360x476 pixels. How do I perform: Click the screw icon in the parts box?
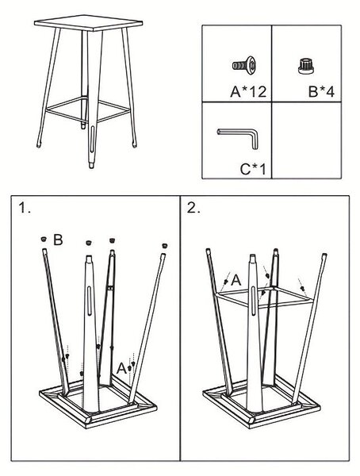244,65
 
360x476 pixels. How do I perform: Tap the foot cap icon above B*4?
305,66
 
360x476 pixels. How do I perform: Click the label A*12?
248,91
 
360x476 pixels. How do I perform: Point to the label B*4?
321,91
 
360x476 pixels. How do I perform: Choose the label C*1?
252,169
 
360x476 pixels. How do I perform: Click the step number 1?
25,208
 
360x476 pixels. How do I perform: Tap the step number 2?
193,208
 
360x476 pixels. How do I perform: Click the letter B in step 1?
58,240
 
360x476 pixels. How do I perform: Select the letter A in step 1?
121,369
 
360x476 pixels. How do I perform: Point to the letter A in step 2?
236,280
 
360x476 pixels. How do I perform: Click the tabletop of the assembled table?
88,23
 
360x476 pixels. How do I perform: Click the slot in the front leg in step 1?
90,300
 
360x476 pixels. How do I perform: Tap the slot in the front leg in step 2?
254,301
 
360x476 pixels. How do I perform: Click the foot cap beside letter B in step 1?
44,239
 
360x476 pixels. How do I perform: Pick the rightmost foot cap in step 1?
165,246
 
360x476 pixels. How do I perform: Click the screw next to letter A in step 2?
225,282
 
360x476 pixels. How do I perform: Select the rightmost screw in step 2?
302,288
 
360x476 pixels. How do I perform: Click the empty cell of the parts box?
307,140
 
